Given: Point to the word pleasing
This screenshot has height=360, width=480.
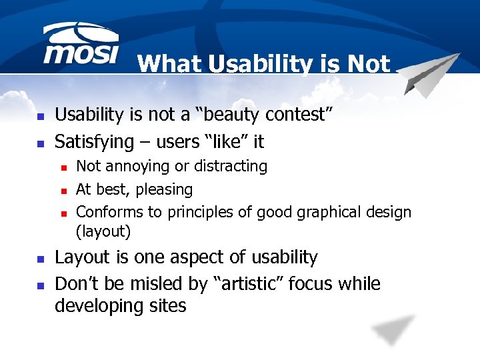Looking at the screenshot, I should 164,190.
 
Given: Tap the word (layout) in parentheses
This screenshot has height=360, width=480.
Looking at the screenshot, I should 103,231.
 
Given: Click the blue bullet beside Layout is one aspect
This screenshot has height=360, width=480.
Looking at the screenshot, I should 40,259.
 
